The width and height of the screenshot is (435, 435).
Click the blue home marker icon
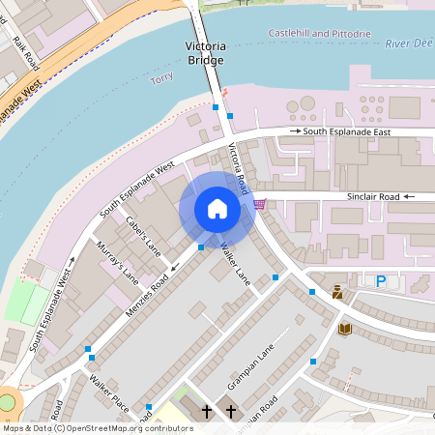click(x=217, y=209)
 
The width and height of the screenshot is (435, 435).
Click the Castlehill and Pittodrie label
click(x=319, y=34)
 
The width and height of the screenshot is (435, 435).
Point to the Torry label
click(x=161, y=78)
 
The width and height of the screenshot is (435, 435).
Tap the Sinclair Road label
click(x=373, y=196)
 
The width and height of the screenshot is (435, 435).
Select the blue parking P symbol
click(x=380, y=281)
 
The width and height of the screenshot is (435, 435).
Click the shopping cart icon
click(x=259, y=204)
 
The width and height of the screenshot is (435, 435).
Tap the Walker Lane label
click(x=235, y=262)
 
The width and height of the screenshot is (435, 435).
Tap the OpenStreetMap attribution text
click(x=97, y=428)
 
